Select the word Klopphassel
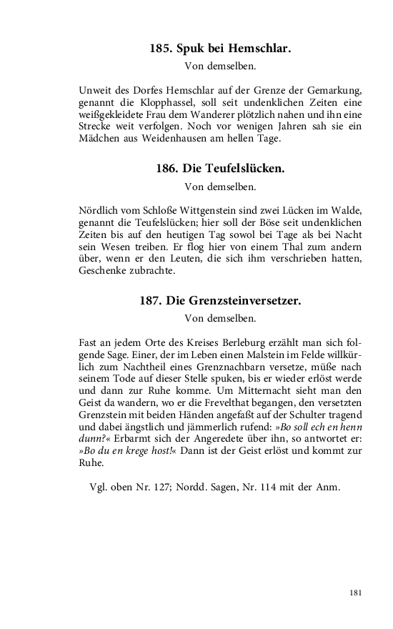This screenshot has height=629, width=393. pyautogui.click(x=141, y=104)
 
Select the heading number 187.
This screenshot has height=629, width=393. pyautogui.click(x=151, y=301)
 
